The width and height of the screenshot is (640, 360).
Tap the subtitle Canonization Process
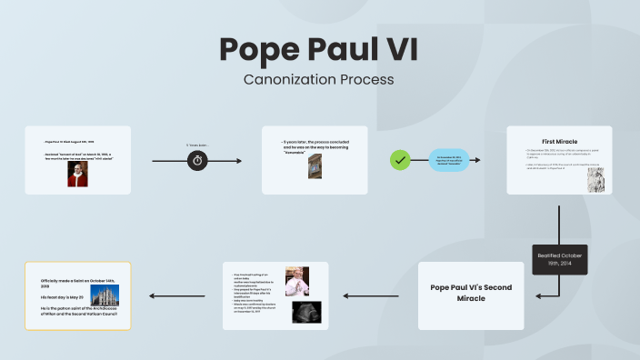319,79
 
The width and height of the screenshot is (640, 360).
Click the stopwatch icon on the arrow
198,160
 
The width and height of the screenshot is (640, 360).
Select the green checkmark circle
399,160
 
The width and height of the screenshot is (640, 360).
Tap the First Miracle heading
560,141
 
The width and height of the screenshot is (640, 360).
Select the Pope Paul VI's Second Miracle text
471,293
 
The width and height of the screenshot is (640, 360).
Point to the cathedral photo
105,295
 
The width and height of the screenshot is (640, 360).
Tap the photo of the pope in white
295,281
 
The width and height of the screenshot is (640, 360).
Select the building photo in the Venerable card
315,166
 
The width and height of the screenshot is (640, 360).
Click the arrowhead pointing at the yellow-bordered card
151,295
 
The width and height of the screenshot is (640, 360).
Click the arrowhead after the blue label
477,161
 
